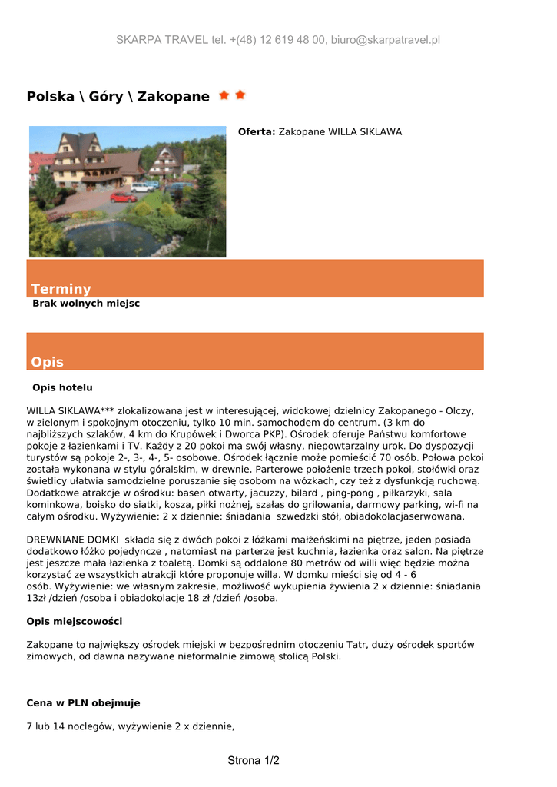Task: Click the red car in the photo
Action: (x=123, y=197)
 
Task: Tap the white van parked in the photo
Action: (x=142, y=187)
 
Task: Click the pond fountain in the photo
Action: (x=115, y=235)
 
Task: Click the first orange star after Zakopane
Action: (x=224, y=95)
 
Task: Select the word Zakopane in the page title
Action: (x=173, y=97)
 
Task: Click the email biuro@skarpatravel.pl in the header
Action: (x=386, y=40)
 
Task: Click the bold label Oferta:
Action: (x=256, y=132)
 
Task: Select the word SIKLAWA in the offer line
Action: (x=376, y=132)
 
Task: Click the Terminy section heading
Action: (x=61, y=289)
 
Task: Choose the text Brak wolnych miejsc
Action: (x=86, y=304)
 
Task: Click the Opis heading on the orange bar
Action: (x=47, y=362)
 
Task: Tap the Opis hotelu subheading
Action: (x=62, y=387)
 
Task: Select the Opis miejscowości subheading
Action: (x=74, y=621)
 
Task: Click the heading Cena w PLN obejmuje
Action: (x=83, y=702)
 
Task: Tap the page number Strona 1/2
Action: (x=254, y=761)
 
